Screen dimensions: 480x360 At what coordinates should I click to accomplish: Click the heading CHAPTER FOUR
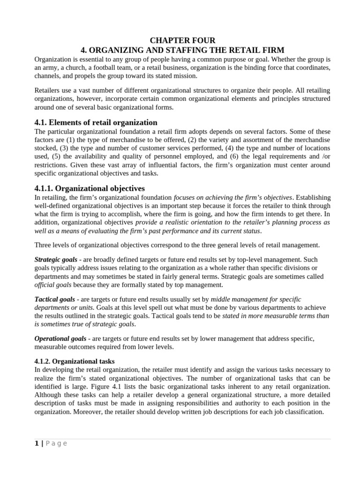pyautogui.click(x=182, y=41)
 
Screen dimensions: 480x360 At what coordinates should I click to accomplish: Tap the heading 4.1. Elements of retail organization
pyautogui.click(x=96, y=122)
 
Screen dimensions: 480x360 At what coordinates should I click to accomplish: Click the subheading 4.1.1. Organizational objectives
pyautogui.click(x=90, y=188)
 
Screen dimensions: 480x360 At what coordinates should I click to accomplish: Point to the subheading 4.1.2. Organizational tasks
pyautogui.click(x=75, y=361)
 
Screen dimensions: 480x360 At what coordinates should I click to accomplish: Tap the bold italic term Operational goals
pyautogui.click(x=60, y=338)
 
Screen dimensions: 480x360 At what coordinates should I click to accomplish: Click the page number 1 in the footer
pyautogui.click(x=37, y=443)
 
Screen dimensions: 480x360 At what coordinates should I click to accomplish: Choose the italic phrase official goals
pyautogui.click(x=53, y=285)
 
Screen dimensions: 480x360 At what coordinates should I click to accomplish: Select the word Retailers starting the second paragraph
pyautogui.click(x=48, y=90)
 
